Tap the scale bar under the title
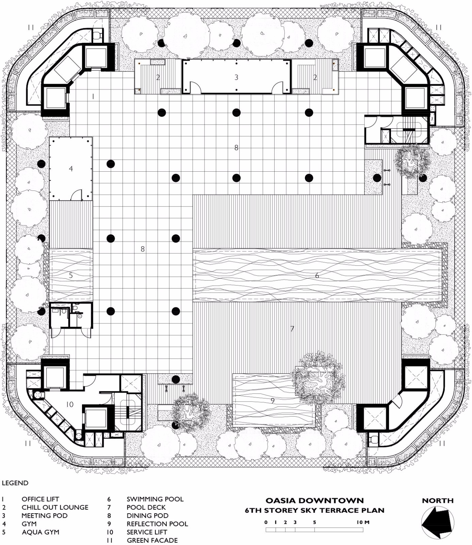pos(314,530)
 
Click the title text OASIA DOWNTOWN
pos(314,501)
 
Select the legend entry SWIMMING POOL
pos(155,499)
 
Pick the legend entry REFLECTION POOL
pos(157,524)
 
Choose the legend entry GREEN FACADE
pos(152,540)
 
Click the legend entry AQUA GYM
pos(40,532)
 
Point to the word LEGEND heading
pos(15,483)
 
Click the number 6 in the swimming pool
pos(317,275)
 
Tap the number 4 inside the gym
pos(71,169)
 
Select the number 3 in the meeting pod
pos(236,77)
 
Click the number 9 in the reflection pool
pos(273,401)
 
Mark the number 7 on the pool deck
pos(292,329)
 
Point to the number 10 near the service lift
pos(69,404)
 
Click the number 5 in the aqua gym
pos(71,275)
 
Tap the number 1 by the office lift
pos(93,97)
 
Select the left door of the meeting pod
pos(195,87)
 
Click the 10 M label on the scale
pos(363,522)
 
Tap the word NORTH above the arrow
pos(438,501)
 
